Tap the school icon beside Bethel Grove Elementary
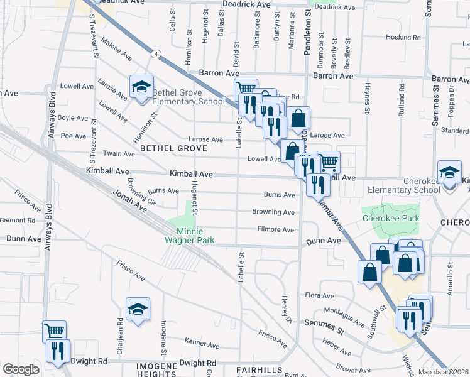pyautogui.click(x=141, y=87)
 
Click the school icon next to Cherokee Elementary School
pyautogui.click(x=449, y=172)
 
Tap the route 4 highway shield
pyautogui.click(x=154, y=54)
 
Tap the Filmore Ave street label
pyautogui.click(x=275, y=230)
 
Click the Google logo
pyautogui.click(x=21, y=369)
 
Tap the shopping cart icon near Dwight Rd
pyautogui.click(x=54, y=331)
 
